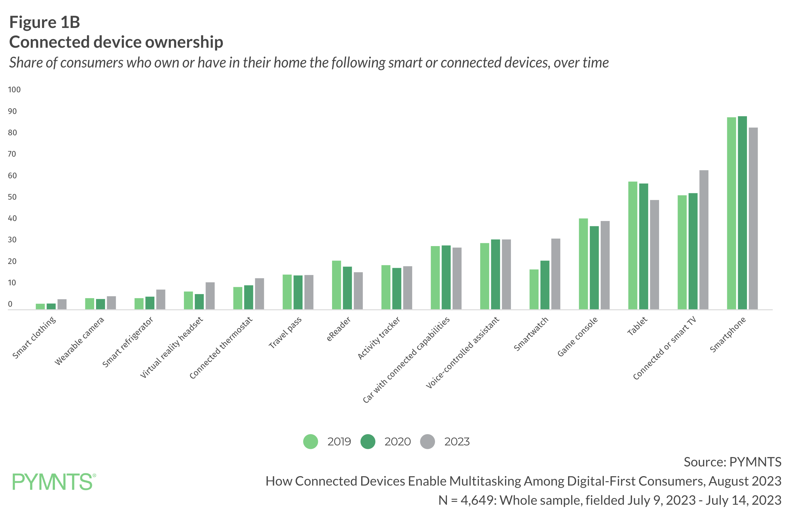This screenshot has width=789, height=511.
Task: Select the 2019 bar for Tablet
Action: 632,245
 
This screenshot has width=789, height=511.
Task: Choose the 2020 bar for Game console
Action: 594,268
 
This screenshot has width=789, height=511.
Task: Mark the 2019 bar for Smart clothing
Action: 40,306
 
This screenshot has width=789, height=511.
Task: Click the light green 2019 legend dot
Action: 310,441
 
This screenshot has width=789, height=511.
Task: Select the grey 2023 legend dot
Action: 427,441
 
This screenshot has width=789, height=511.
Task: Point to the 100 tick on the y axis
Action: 14,89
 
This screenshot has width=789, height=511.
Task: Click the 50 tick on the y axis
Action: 12,197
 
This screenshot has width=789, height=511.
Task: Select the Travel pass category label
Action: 285,332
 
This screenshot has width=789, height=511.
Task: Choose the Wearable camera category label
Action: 80,341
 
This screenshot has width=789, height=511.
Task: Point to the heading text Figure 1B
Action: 45,22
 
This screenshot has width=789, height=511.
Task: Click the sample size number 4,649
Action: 478,500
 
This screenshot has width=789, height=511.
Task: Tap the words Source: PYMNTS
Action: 732,462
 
